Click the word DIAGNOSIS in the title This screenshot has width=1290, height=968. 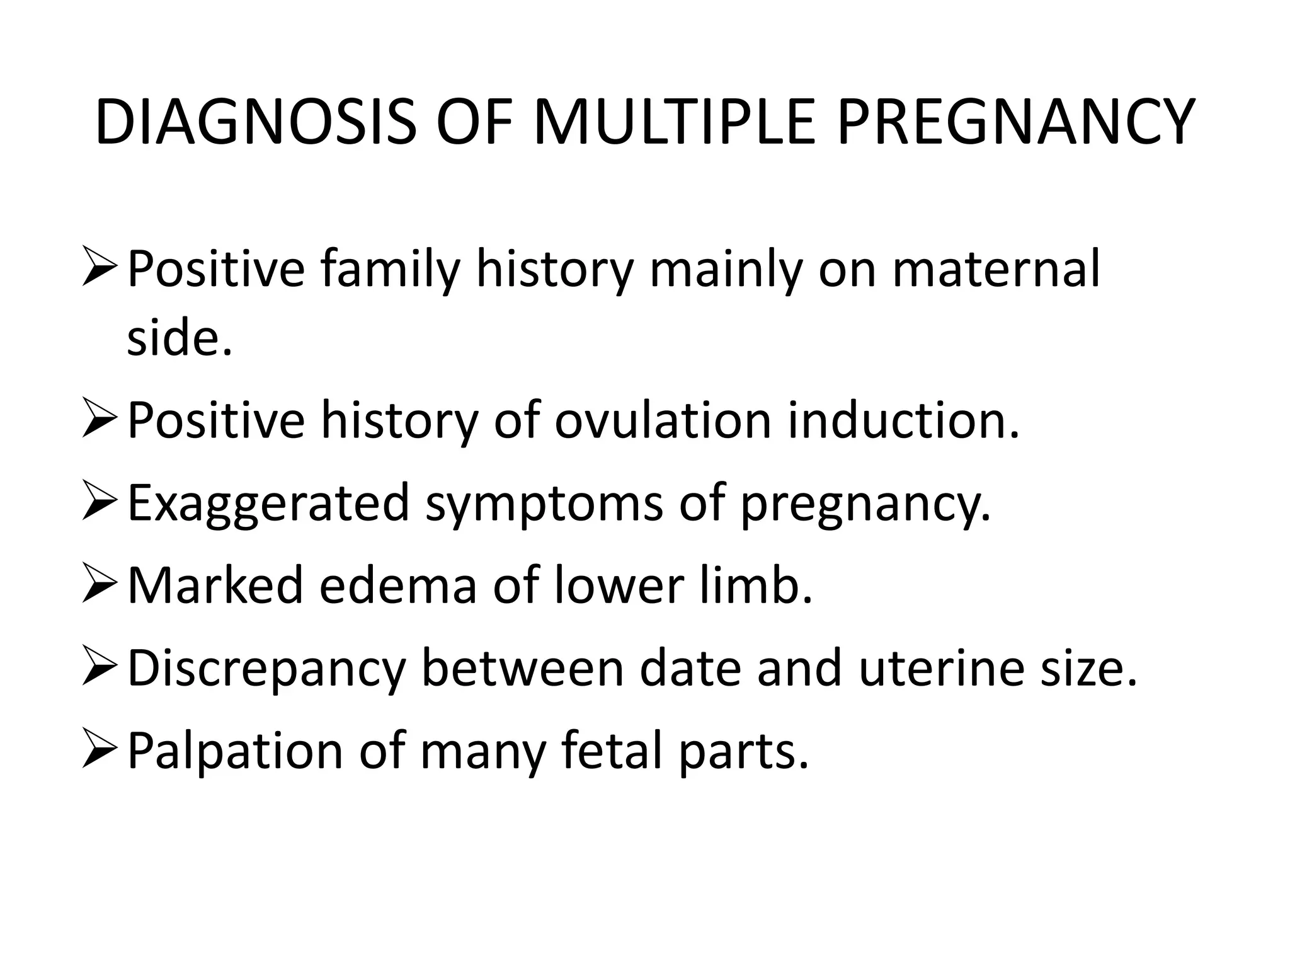(x=255, y=122)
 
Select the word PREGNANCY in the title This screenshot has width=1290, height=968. (x=1014, y=122)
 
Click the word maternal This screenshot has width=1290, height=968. (x=996, y=270)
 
